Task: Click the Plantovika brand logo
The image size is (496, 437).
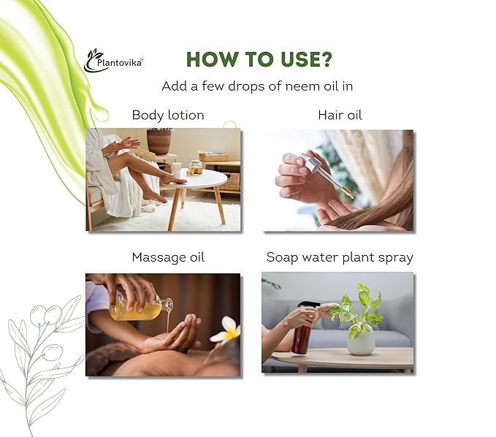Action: click(113, 60)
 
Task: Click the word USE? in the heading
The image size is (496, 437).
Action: click(302, 59)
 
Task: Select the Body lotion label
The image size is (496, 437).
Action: click(168, 115)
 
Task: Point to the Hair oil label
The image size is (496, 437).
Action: click(340, 115)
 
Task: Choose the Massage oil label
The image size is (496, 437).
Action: click(168, 257)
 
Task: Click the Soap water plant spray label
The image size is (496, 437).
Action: click(340, 257)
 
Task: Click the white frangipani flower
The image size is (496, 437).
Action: click(227, 330)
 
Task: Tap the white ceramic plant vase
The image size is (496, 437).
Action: click(361, 342)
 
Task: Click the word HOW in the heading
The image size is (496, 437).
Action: click(211, 59)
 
